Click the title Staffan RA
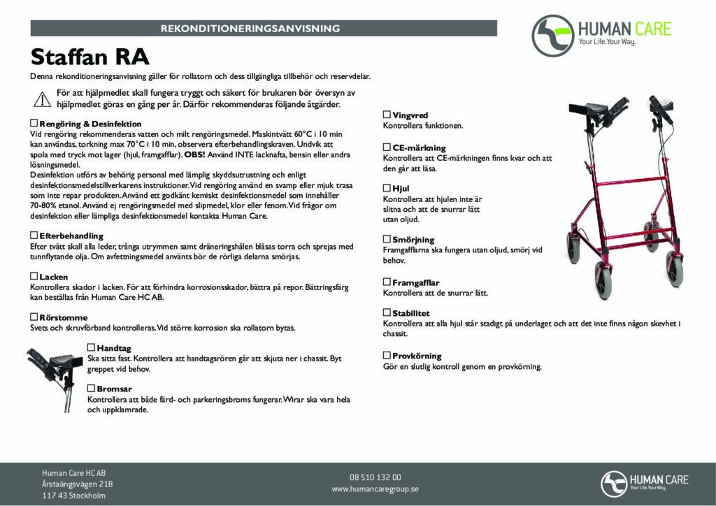point(90,57)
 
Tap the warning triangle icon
point(43,99)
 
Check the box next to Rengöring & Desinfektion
point(34,123)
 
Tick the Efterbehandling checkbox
point(34,236)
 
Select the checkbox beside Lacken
point(34,277)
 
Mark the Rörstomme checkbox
point(34,317)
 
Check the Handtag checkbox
point(91,347)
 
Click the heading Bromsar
point(115,389)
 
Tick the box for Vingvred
point(387,115)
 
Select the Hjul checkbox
point(387,188)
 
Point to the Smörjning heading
point(413,240)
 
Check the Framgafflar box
point(387,282)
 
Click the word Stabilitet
point(411,313)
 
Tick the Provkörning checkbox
point(387,355)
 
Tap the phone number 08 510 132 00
point(375,477)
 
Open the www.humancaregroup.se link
point(375,489)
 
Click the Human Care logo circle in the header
point(552,36)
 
